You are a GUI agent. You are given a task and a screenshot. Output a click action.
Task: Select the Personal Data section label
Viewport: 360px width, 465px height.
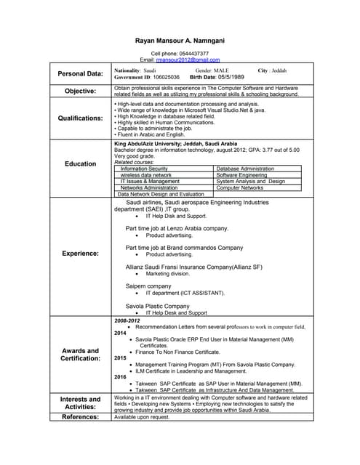tap(80, 73)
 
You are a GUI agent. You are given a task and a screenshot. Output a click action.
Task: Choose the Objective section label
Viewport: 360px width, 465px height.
tap(80, 91)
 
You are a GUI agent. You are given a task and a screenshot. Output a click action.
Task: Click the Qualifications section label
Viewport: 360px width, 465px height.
tap(80, 118)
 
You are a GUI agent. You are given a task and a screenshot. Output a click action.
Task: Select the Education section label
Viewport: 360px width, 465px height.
tap(80, 163)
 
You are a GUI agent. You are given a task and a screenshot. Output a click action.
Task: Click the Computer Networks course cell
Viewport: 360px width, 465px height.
tap(240, 187)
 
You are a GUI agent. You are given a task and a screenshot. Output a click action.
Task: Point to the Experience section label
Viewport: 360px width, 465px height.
tap(80, 254)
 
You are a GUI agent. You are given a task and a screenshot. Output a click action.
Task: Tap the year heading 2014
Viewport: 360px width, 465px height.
tap(120, 333)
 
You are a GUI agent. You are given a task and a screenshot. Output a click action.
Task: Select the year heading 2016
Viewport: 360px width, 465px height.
tap(120, 377)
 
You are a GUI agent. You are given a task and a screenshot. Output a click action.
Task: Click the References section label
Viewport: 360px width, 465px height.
tap(80, 417)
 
